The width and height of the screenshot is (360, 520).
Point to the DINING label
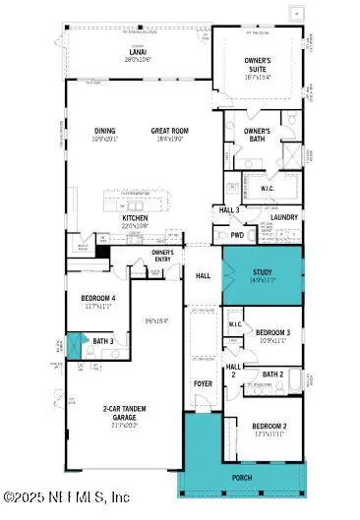pyautogui.click(x=104, y=131)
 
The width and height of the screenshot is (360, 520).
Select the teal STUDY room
pyautogui.click(x=261, y=276)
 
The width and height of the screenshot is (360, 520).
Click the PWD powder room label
pyautogui.click(x=237, y=236)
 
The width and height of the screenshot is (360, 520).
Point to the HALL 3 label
pyautogui.click(x=229, y=209)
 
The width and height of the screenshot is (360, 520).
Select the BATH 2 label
pyautogui.click(x=273, y=375)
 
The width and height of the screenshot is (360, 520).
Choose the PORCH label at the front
pyautogui.click(x=242, y=481)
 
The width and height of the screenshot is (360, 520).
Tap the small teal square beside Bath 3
pyautogui.click(x=72, y=343)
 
